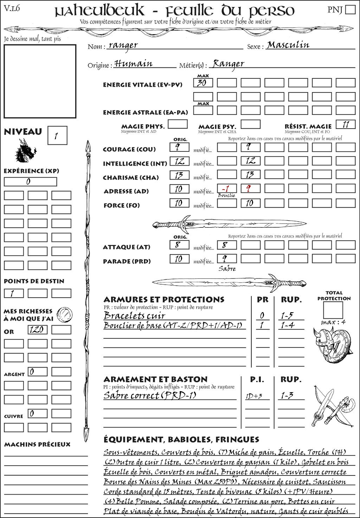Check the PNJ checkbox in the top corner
pos(350,9)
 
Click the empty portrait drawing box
pos(40,81)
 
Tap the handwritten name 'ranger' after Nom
pos(123,45)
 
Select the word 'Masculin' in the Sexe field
pos(288,45)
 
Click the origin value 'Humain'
pos(133,64)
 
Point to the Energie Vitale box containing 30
pos(203,83)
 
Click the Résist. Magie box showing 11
pos(345,124)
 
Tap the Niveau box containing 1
pos(57,136)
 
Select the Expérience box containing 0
pos(30,182)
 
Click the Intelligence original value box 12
pos(179,161)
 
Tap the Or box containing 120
pos(37,330)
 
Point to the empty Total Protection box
pos(333,310)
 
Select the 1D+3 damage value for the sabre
pos(254,396)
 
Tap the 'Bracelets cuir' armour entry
pos(134,315)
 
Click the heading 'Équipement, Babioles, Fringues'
pos(181,439)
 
